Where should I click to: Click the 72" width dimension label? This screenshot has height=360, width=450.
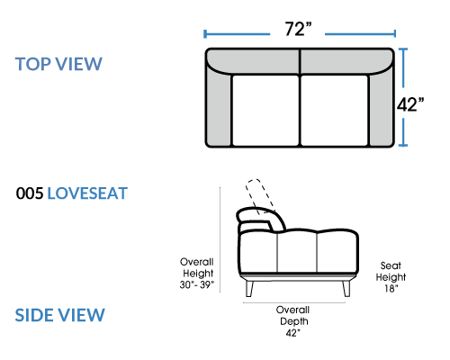point(298,29)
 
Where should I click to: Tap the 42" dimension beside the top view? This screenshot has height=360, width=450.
point(410,104)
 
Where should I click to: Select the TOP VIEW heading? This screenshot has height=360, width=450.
point(58,64)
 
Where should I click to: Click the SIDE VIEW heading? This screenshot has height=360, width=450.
point(60,315)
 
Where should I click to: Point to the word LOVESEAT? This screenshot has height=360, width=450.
point(87,193)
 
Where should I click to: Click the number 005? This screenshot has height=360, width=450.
point(30,193)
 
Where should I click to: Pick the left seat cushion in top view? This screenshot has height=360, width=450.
point(265,111)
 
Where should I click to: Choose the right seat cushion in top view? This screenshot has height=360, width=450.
point(334,111)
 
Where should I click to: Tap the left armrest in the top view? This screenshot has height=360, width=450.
point(219,108)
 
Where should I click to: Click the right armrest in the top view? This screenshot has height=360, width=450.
point(382,108)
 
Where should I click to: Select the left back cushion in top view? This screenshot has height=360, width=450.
point(254,61)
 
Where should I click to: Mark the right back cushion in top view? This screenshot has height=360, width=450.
point(346,61)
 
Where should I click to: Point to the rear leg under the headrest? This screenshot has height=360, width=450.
point(249,288)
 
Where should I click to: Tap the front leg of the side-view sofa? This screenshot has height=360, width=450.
point(346,288)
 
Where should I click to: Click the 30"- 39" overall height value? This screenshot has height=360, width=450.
point(197,284)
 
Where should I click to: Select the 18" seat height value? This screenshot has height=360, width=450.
point(391,288)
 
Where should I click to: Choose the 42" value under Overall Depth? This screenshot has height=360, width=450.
point(292,333)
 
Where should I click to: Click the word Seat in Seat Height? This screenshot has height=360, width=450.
point(391,265)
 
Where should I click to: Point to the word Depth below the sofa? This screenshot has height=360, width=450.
point(294,321)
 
